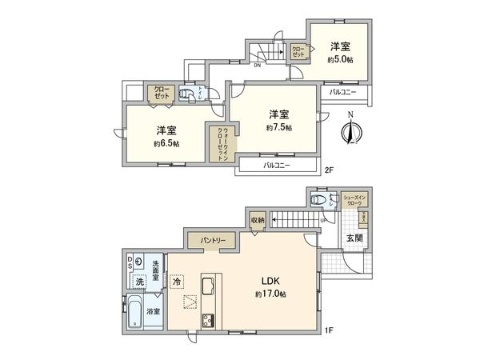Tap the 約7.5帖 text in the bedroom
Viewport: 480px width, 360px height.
pos(278,127)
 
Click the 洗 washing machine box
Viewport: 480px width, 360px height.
pos(139,282)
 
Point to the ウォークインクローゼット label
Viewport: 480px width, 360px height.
pos(216,144)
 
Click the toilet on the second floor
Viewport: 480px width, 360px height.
pos(186,94)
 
